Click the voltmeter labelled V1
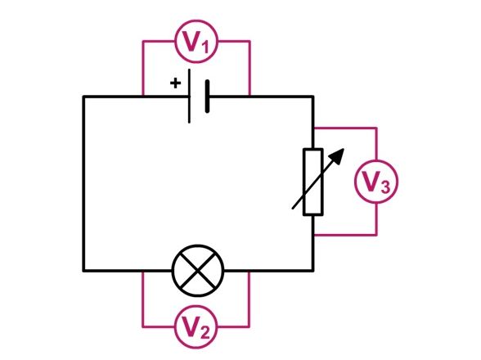click(x=196, y=42)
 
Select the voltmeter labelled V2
click(x=196, y=326)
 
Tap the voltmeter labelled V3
click(x=376, y=182)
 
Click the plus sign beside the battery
click(x=175, y=83)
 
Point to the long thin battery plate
click(x=189, y=96)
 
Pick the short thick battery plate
click(x=208, y=97)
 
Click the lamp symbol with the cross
click(x=198, y=271)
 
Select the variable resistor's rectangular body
click(x=312, y=182)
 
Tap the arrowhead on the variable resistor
click(x=338, y=155)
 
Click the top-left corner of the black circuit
click(x=83, y=97)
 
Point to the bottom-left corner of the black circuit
click(x=83, y=271)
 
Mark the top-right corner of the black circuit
click(x=312, y=97)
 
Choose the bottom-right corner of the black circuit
click(x=312, y=271)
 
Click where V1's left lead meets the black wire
click(x=143, y=96)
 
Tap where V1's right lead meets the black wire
click(x=249, y=96)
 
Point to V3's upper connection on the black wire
click(x=313, y=128)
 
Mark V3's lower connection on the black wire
click(x=313, y=236)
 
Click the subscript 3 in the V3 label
click(x=385, y=187)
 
